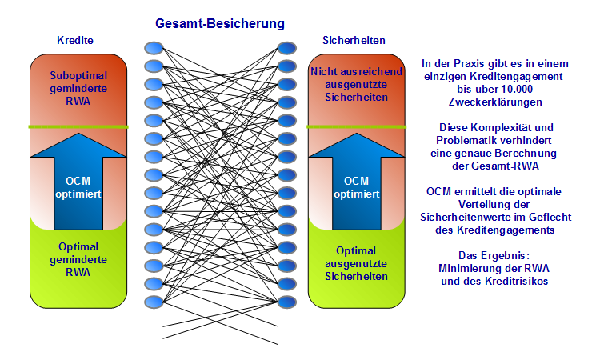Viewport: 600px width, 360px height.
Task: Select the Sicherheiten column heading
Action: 354,40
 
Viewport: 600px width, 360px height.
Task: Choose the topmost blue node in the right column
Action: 286,47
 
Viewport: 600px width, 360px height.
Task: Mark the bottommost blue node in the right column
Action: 286,302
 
